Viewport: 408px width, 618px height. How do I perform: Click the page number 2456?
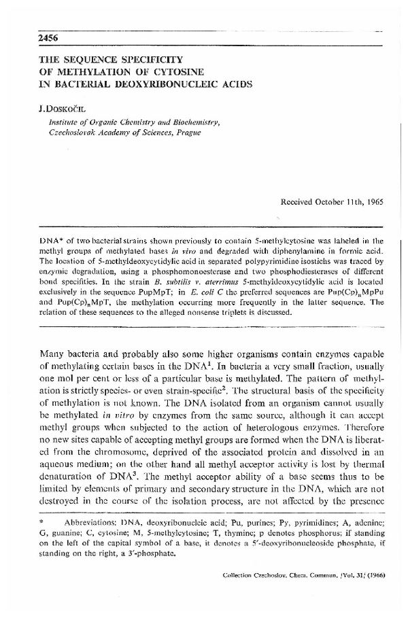tap(31, 37)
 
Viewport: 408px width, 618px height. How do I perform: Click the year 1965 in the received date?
tap(375, 203)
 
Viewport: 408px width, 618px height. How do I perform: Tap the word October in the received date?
tap(324, 203)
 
